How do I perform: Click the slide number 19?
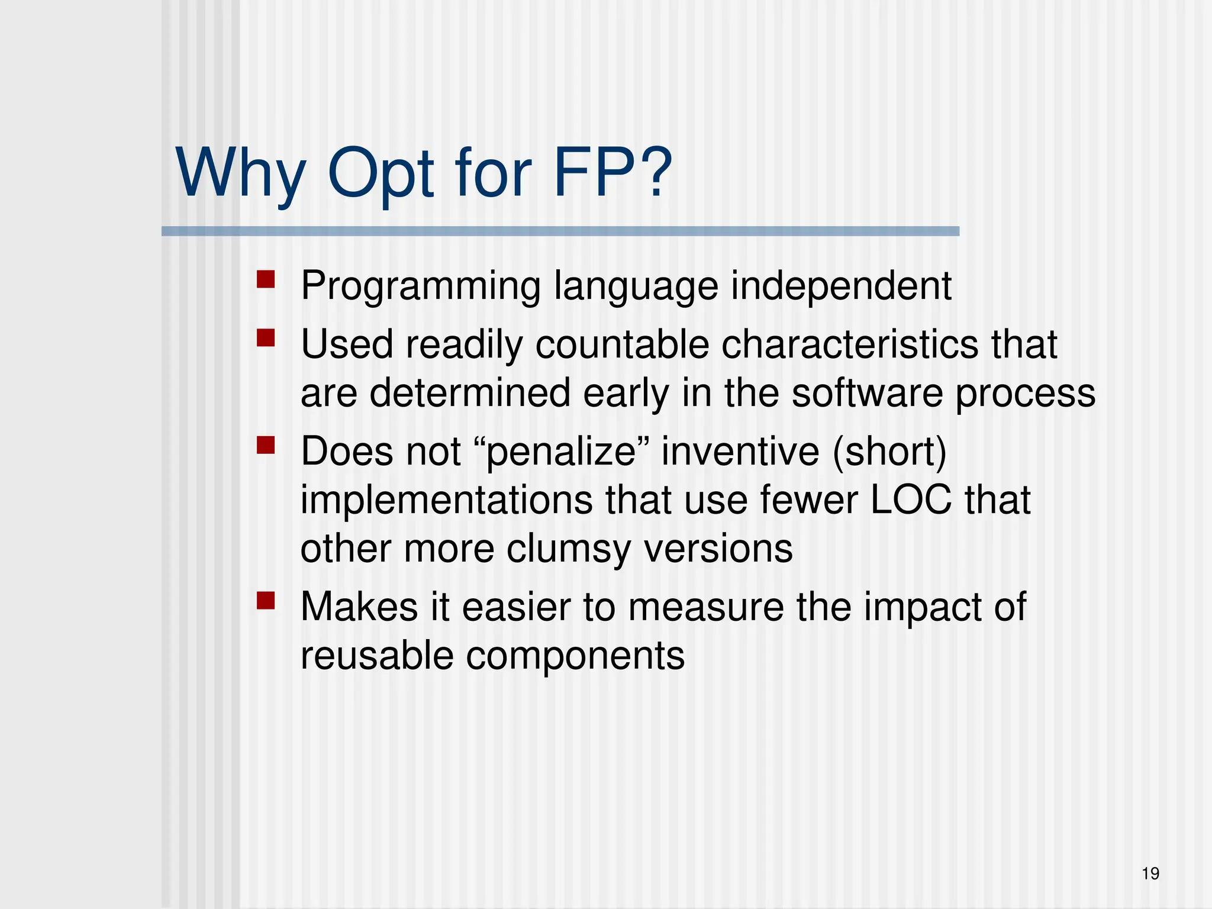click(x=1150, y=873)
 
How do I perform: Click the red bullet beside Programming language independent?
click(x=266, y=279)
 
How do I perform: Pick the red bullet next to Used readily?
click(x=266, y=338)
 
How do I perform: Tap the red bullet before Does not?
click(x=266, y=444)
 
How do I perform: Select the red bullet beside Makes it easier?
click(x=266, y=601)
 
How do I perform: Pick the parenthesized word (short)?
click(x=889, y=452)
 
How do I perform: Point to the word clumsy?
click(x=569, y=549)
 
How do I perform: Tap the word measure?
click(x=705, y=607)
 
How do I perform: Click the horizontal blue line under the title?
click(x=560, y=231)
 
